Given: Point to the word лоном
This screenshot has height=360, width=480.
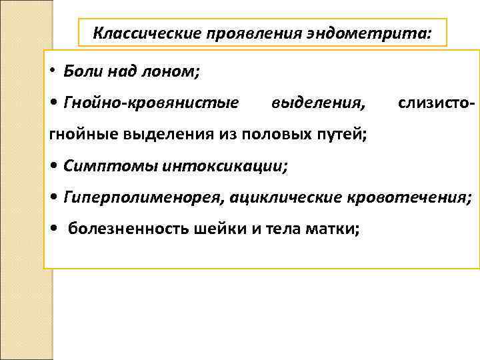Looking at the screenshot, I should click(x=171, y=71).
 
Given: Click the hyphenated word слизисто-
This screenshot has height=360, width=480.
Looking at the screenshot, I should click(x=435, y=103).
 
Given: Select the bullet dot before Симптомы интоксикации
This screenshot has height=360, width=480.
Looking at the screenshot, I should click(x=53, y=165).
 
